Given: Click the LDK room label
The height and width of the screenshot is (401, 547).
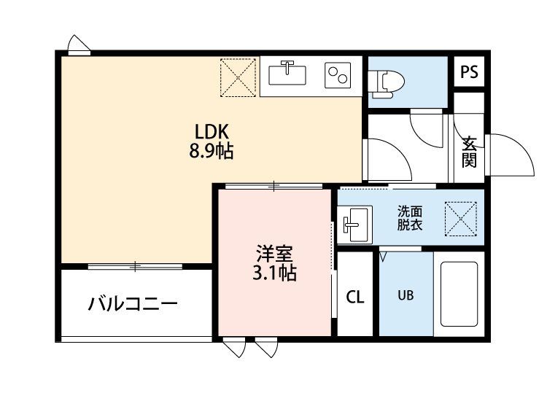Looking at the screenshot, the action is (x=212, y=133).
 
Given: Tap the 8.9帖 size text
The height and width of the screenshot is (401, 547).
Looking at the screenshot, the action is (x=212, y=152).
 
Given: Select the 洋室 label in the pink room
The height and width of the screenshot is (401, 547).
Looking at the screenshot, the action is (x=274, y=254).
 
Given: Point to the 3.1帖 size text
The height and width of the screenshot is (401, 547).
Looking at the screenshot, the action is (x=274, y=273).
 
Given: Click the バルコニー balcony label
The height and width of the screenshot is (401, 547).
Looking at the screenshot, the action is (x=133, y=303).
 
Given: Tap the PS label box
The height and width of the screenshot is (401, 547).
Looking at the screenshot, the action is (x=469, y=72).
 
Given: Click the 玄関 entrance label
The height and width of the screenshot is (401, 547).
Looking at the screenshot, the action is (x=469, y=152).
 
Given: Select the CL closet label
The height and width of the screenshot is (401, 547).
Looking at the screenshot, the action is (x=354, y=297).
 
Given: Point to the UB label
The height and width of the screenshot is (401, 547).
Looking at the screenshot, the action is (x=406, y=295).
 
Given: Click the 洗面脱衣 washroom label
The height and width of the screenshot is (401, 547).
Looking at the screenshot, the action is (x=410, y=218).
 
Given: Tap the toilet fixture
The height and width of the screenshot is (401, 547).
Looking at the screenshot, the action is (x=386, y=84).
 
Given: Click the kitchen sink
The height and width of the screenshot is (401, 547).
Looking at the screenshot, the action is (x=287, y=74).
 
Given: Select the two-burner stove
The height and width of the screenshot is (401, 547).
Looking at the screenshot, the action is (x=338, y=75).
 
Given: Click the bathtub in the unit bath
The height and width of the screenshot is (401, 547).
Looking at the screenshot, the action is (x=459, y=294).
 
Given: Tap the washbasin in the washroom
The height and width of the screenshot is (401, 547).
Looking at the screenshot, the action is (x=354, y=225).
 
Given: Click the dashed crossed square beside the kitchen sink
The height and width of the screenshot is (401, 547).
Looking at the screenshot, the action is (x=238, y=77).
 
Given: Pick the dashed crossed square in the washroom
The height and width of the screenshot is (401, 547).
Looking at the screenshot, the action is (x=460, y=219).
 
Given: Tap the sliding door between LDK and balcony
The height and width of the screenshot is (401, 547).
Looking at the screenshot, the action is (x=135, y=267).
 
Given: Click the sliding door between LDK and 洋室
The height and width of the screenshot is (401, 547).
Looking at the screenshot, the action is (x=273, y=186).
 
